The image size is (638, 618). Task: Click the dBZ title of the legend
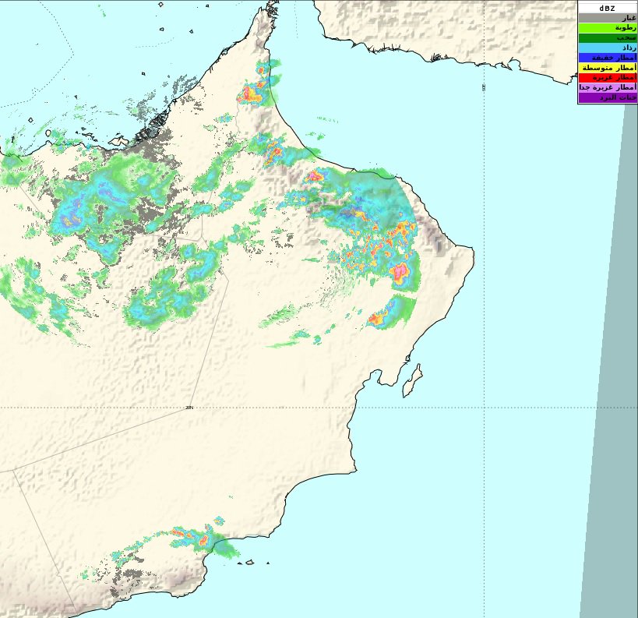click(607, 7)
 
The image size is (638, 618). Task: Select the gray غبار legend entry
click(607, 17)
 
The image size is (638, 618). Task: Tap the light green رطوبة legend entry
click(607, 27)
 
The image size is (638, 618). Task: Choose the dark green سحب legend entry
click(607, 37)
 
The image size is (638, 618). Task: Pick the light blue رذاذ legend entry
click(607, 48)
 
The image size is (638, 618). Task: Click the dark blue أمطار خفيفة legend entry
click(607, 58)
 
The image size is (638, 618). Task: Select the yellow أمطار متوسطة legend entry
click(607, 68)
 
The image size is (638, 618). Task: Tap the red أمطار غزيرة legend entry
click(607, 78)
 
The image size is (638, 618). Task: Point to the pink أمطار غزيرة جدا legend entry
click(607, 88)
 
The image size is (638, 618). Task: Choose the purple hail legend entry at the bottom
click(607, 98)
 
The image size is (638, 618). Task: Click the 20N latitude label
click(189, 408)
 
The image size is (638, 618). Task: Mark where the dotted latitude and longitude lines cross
click(484, 408)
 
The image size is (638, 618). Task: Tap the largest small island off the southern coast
click(249, 562)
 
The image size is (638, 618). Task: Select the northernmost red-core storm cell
click(251, 94)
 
